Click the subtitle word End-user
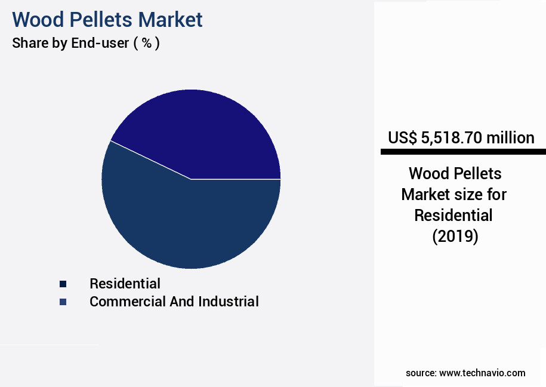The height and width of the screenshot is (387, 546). (x=98, y=43)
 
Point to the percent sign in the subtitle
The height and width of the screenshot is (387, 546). (x=146, y=43)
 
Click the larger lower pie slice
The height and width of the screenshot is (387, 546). (x=179, y=221)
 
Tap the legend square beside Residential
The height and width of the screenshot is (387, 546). (x=63, y=284)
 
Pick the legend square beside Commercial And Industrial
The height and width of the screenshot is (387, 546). (x=63, y=302)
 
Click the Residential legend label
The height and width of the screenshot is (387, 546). (x=125, y=283)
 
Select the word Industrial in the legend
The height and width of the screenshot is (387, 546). (x=229, y=302)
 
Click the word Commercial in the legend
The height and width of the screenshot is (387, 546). (x=125, y=302)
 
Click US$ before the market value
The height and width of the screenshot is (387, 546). (x=402, y=138)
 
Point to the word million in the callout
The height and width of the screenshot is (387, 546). (x=510, y=138)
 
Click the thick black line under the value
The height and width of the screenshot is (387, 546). (x=463, y=152)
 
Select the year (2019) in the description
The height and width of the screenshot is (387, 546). (x=455, y=236)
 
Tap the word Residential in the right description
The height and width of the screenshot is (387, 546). (x=454, y=215)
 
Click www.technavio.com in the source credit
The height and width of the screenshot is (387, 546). (x=482, y=373)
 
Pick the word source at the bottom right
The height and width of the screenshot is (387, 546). (x=420, y=373)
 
